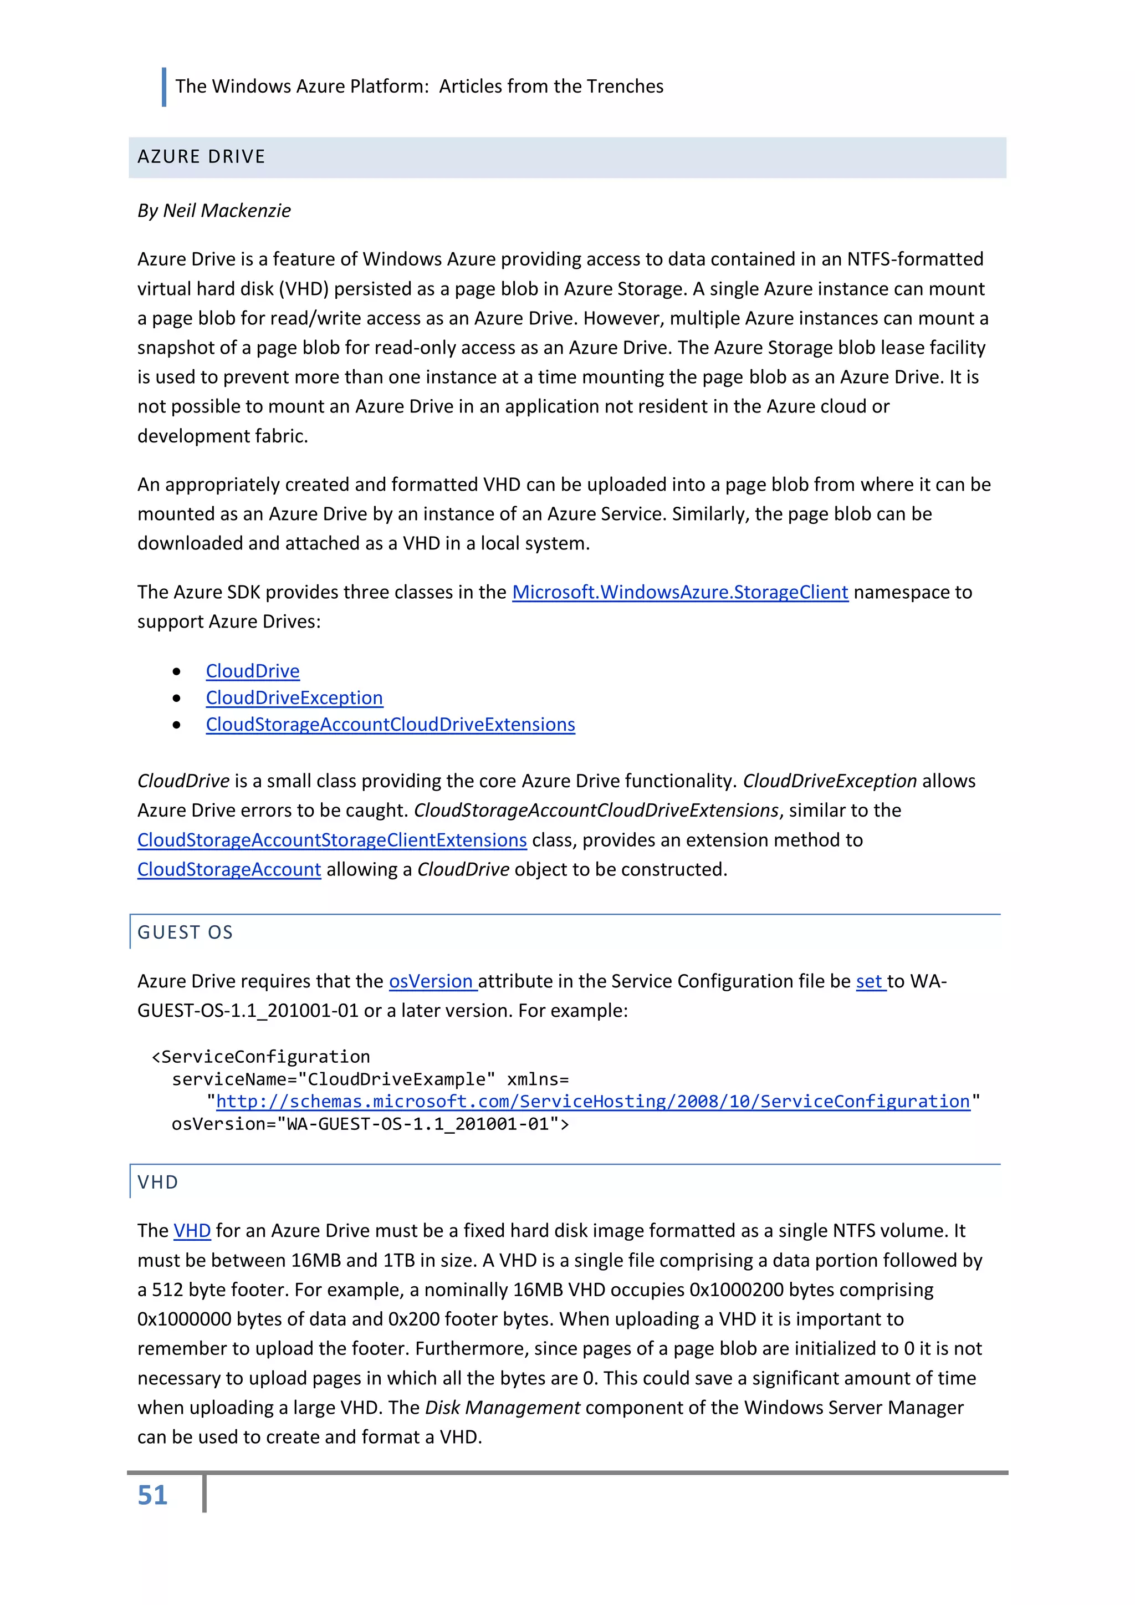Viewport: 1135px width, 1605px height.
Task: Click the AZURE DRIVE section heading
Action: coord(201,156)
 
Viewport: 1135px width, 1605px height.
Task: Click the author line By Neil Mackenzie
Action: coord(214,211)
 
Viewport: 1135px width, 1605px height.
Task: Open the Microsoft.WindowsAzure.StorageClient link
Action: coord(679,592)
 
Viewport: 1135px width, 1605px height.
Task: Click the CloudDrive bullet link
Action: coord(252,671)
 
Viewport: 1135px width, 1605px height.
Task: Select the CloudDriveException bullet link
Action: coord(294,697)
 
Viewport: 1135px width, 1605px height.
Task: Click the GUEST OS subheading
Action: coord(185,932)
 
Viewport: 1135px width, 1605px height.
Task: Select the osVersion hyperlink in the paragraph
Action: coord(431,981)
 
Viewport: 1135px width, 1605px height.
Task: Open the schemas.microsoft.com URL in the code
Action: coord(592,1101)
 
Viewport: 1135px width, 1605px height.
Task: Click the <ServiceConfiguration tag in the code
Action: coord(260,1056)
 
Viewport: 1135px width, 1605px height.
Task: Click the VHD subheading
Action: coord(158,1182)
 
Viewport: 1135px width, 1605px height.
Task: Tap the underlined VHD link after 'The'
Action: coord(192,1230)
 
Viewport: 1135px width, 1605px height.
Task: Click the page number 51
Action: coord(152,1495)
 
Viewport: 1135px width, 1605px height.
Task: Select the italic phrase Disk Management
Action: coord(503,1407)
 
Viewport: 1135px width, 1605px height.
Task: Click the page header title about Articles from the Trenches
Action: coord(420,86)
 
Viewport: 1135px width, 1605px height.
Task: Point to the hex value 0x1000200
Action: coord(741,1290)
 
